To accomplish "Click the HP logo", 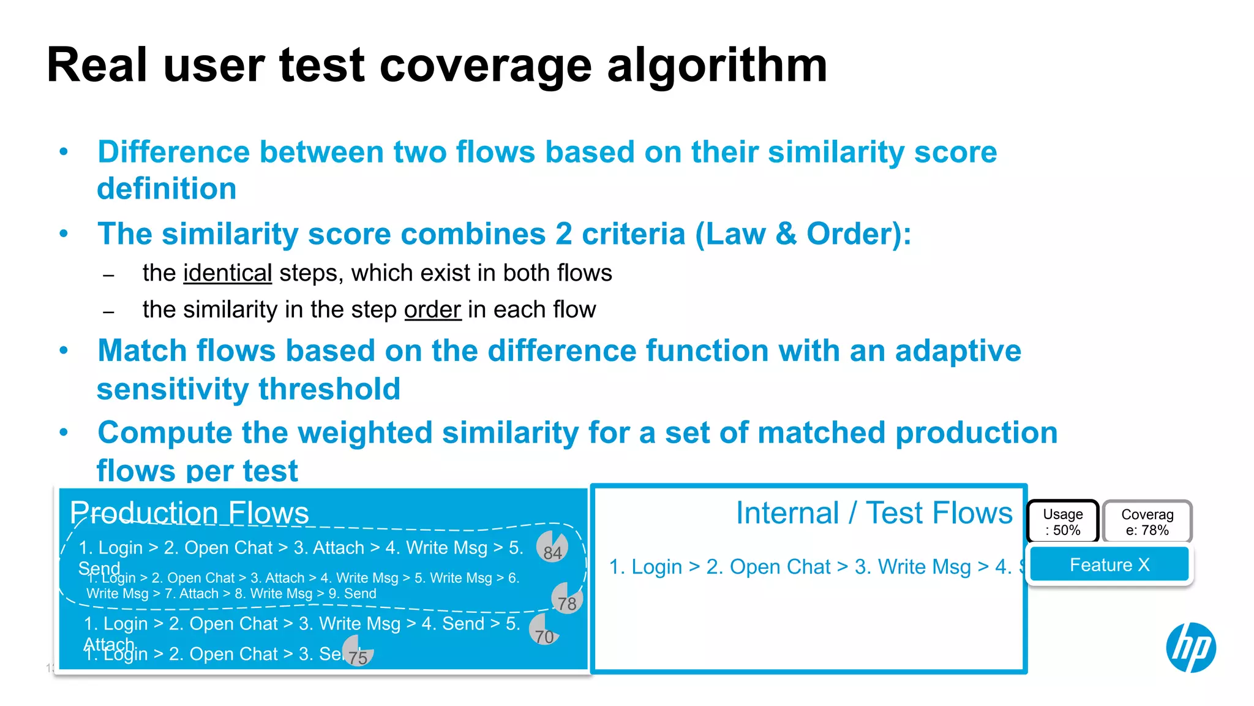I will [1191, 647].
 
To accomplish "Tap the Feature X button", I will [1109, 564].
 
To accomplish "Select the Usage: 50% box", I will [1063, 522].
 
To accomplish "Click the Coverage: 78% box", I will [1147, 522].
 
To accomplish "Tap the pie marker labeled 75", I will [358, 651].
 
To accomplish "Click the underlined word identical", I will [227, 273].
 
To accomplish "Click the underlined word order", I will [432, 309].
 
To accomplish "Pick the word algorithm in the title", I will [717, 65].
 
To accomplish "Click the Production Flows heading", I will [189, 512].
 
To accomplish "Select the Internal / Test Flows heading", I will [874, 513].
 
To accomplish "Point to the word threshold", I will [329, 389].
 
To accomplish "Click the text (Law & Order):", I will [803, 234].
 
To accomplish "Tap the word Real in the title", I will [97, 65].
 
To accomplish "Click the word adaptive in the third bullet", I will [958, 351].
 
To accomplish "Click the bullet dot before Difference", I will [64, 151].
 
